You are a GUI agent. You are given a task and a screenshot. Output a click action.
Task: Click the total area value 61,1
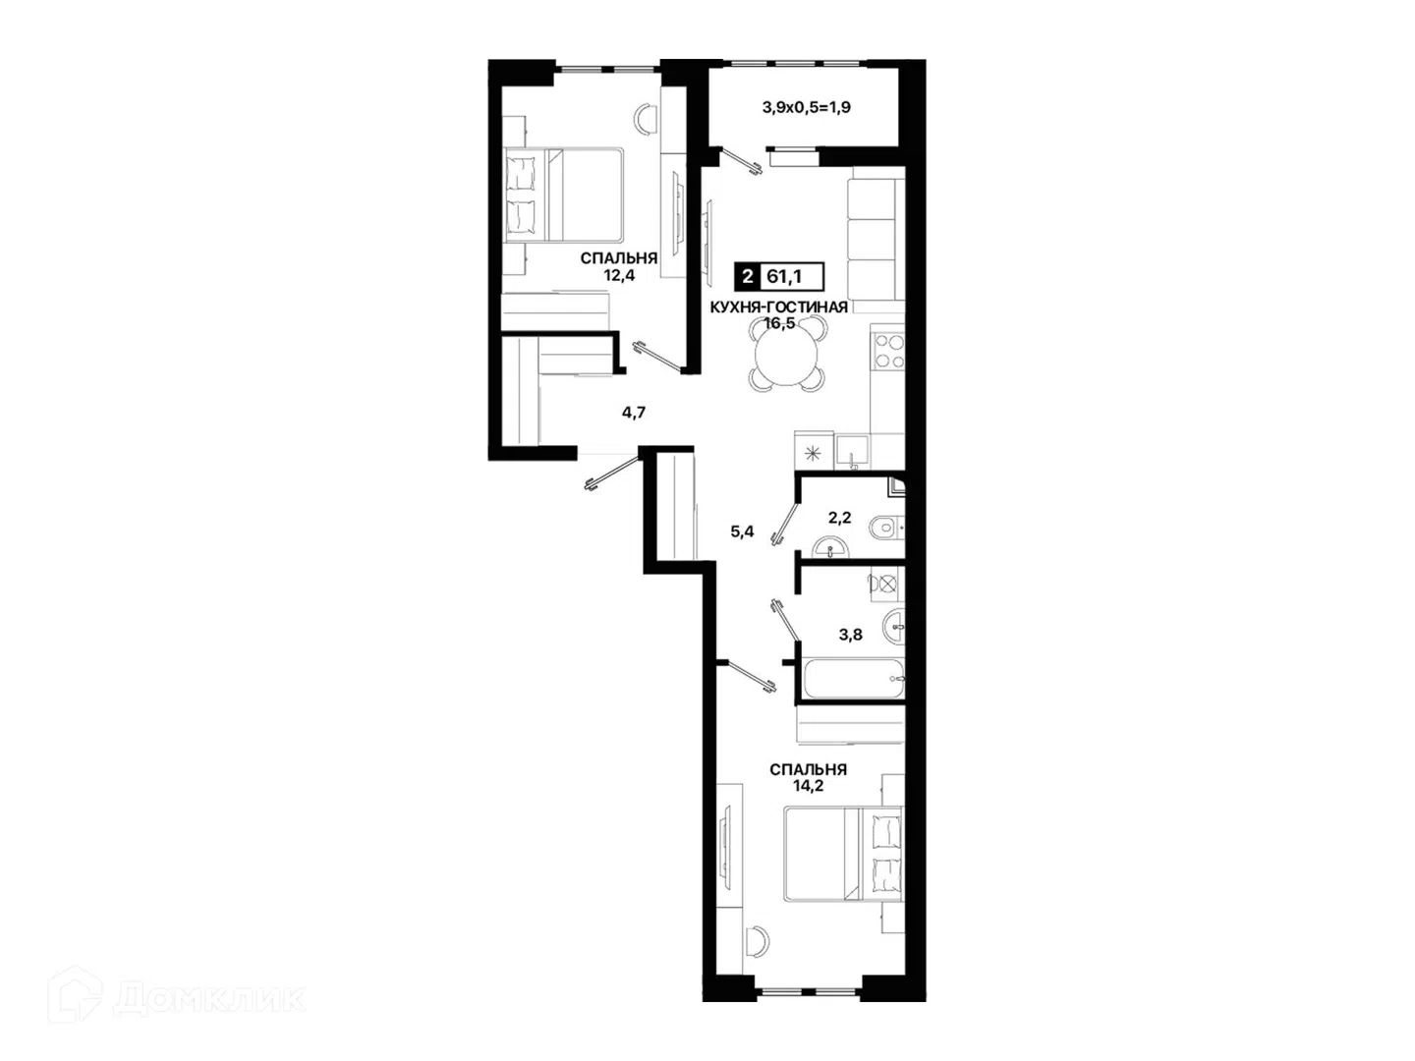pyautogui.click(x=783, y=277)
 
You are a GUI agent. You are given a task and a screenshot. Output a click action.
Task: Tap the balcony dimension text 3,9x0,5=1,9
pyautogui.click(x=807, y=108)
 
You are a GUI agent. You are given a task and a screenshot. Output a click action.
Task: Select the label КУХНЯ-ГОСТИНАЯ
pyautogui.click(x=778, y=307)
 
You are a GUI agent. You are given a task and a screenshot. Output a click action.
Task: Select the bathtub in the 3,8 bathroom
pyautogui.click(x=851, y=678)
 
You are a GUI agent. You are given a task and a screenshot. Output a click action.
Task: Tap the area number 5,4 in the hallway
pyautogui.click(x=742, y=531)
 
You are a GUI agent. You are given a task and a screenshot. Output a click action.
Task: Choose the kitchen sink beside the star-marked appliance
pyautogui.click(x=852, y=452)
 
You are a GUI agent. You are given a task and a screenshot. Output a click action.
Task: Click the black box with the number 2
pyautogui.click(x=747, y=277)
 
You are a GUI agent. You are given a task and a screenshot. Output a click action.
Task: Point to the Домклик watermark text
pyautogui.click(x=209, y=1000)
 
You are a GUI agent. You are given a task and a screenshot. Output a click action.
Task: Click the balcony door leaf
pyautogui.click(x=741, y=162)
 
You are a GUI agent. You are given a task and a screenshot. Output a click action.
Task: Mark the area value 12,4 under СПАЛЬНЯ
pyautogui.click(x=619, y=276)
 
